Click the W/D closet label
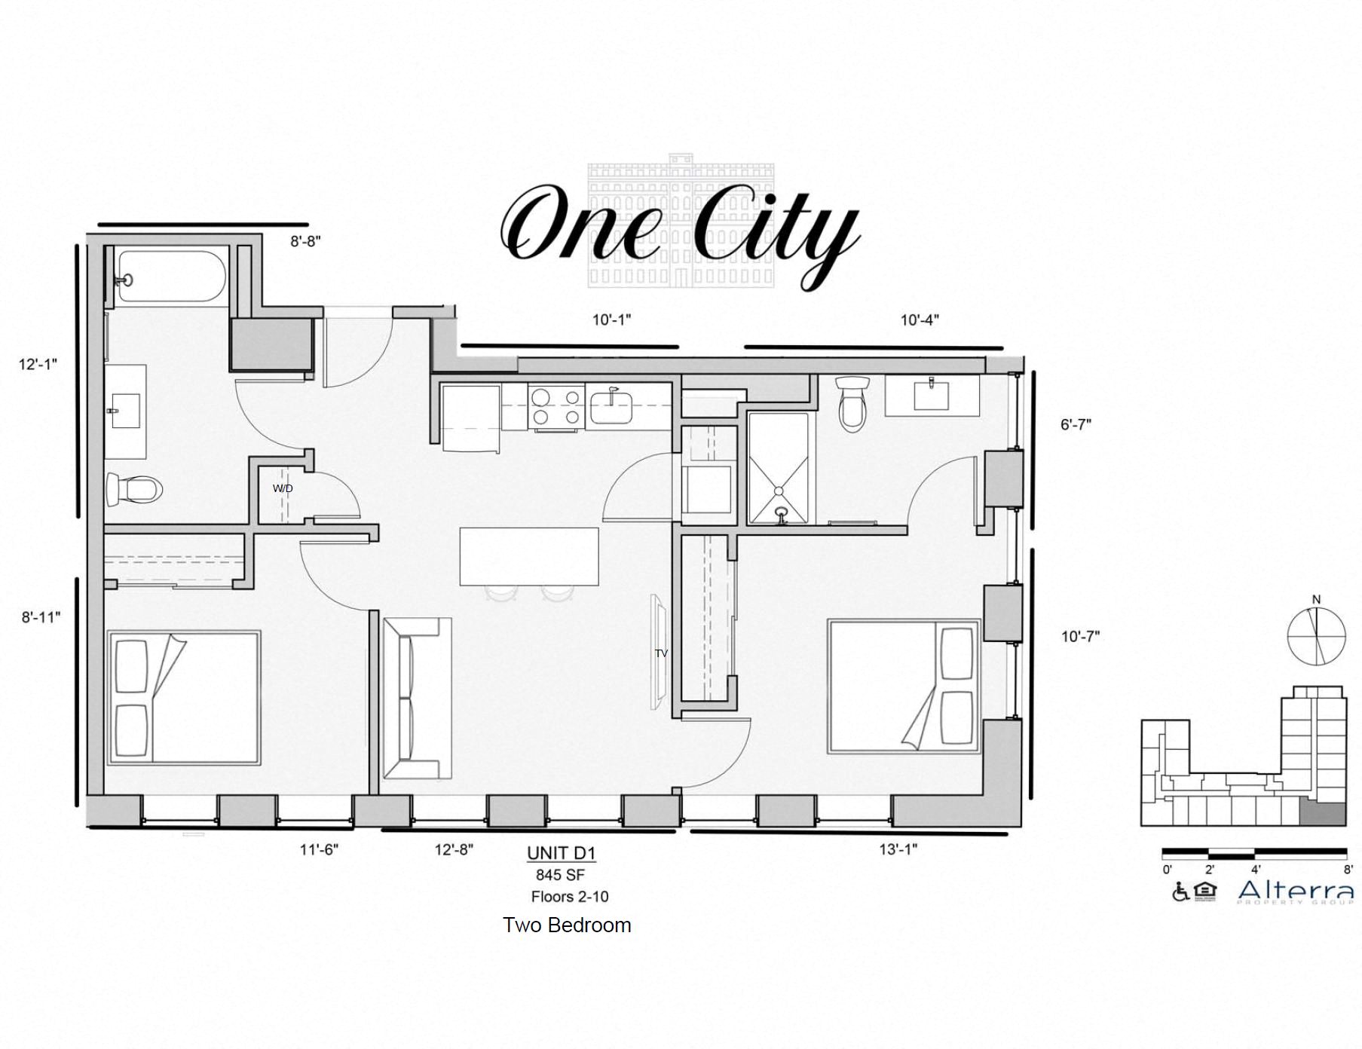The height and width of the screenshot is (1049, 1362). [x=283, y=488]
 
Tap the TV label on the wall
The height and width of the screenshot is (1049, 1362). [x=661, y=653]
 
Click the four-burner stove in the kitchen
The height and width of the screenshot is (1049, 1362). [x=556, y=407]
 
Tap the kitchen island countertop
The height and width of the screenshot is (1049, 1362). [x=529, y=556]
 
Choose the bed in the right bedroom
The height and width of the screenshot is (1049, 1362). [x=903, y=686]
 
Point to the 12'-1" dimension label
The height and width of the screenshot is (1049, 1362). [x=38, y=365]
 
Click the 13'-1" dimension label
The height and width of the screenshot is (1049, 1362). [x=898, y=849]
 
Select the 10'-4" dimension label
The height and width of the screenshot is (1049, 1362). [x=920, y=320]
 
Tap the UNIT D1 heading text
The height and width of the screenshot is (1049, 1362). [x=562, y=853]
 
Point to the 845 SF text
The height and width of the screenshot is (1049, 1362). [x=560, y=875]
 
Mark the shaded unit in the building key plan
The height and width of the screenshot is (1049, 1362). [x=1324, y=814]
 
